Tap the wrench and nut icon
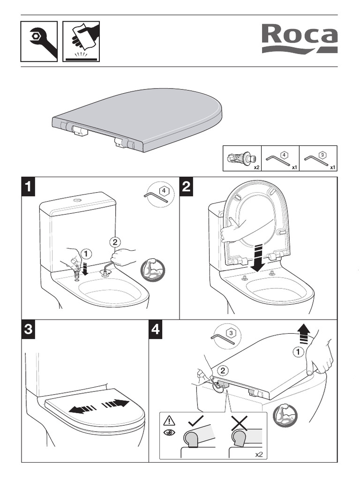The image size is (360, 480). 39,41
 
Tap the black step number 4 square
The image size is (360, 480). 156,330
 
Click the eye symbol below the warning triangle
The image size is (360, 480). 169,432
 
